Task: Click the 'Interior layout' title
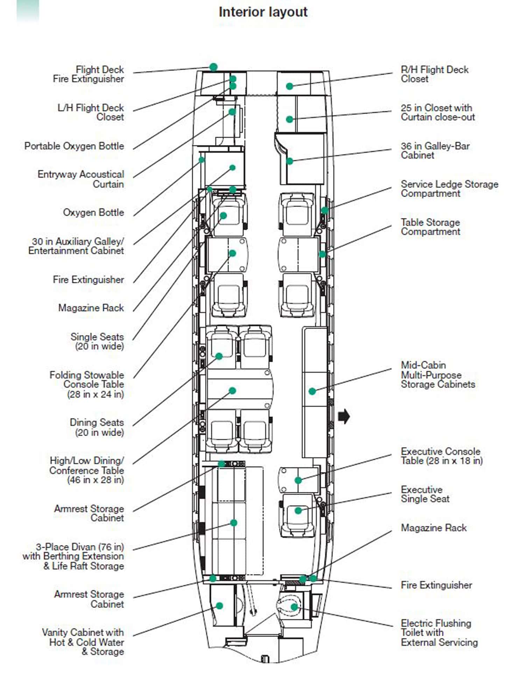(x=263, y=12)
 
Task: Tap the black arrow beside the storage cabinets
(x=344, y=416)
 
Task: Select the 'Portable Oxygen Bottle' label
(x=74, y=146)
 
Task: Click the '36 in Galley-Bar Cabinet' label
(x=435, y=151)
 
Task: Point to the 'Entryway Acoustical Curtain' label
(x=81, y=179)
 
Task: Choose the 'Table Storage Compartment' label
(x=430, y=227)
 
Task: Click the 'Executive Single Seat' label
(x=425, y=494)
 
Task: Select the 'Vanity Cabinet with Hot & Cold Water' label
(x=83, y=642)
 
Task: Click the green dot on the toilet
(x=294, y=607)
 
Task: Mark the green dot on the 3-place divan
(x=234, y=523)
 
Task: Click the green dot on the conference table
(x=232, y=391)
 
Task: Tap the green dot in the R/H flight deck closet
(x=289, y=86)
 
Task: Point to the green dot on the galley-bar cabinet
(x=289, y=161)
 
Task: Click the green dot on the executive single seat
(x=298, y=510)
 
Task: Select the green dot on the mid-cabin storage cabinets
(x=312, y=391)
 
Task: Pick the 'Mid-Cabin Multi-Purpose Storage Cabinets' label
(x=438, y=375)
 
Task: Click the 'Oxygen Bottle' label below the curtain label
(x=93, y=212)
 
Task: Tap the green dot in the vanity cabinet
(x=219, y=606)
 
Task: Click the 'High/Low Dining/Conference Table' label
(x=87, y=470)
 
